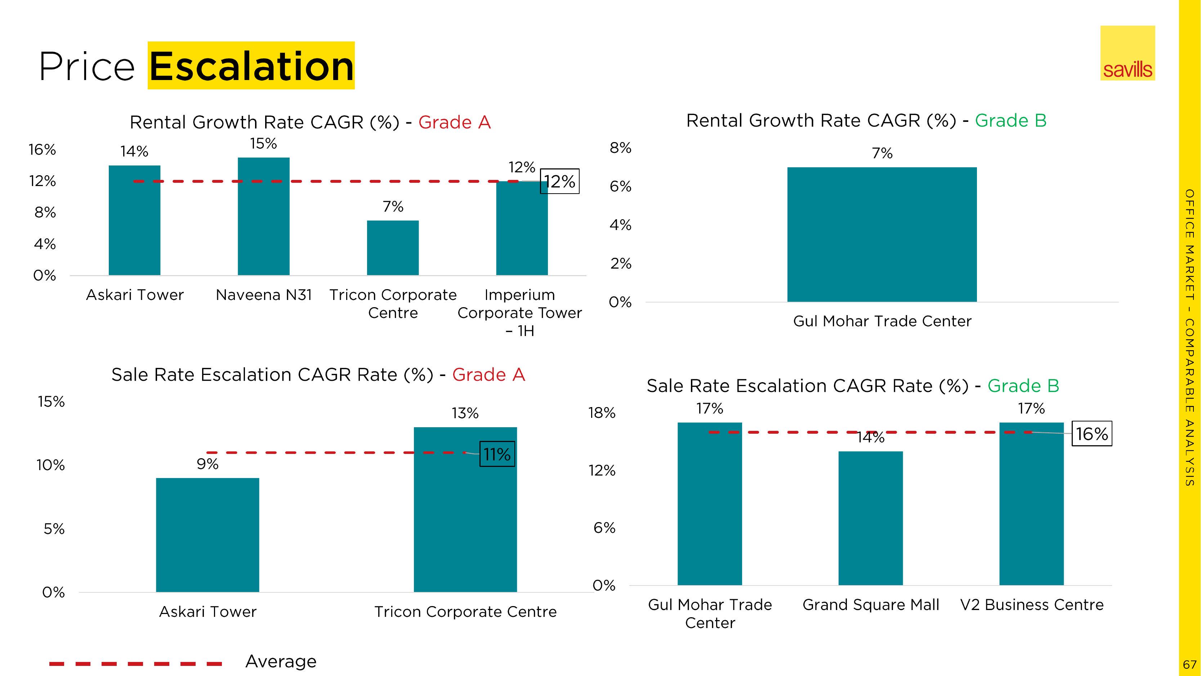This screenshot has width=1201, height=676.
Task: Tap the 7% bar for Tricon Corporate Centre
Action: coord(393,248)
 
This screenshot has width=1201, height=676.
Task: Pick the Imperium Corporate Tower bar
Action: coord(522,229)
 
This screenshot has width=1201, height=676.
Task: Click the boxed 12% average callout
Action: coord(559,181)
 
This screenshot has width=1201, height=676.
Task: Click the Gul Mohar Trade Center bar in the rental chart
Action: coord(881,234)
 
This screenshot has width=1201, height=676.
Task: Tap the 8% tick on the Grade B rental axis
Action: coord(620,148)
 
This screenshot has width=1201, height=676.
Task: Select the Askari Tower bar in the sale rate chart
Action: coord(207,535)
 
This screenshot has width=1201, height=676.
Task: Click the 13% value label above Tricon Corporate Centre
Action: coord(465,413)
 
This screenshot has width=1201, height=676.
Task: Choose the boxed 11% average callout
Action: coord(497,454)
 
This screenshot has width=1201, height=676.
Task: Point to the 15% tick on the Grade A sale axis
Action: coord(51,402)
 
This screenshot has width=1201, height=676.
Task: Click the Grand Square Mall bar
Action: coord(870,518)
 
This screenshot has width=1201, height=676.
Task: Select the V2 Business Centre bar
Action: coord(1031,504)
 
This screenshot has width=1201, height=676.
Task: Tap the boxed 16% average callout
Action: coord(1091,434)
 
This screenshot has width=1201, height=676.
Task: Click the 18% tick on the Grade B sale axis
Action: coord(602,413)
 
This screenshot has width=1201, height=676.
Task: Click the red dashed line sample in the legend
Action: coord(135,663)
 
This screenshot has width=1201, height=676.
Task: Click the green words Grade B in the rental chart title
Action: coord(1010,121)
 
